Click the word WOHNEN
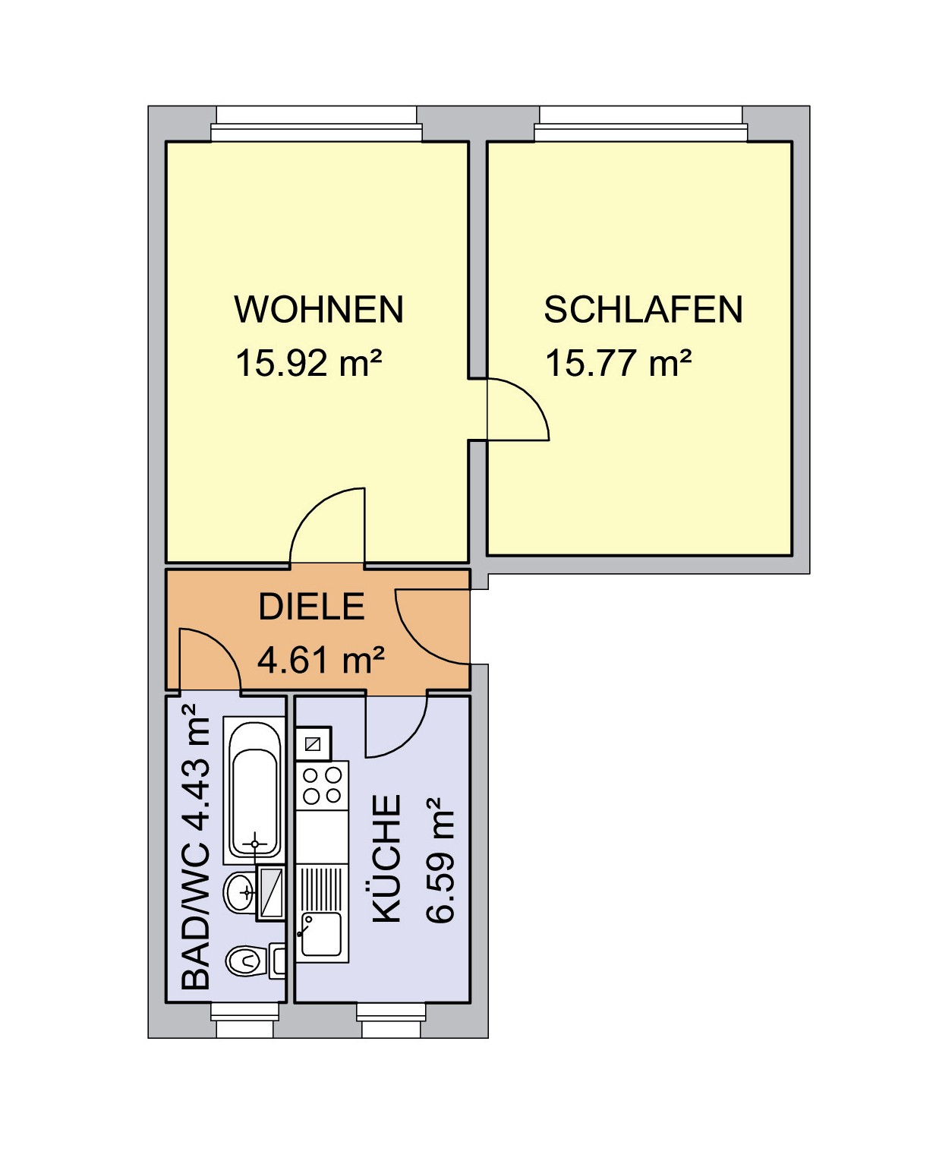point(319,309)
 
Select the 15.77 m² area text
point(618,362)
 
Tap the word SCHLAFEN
point(643,309)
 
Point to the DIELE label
point(312,607)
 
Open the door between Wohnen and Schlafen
point(518,410)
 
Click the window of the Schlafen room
point(641,124)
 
